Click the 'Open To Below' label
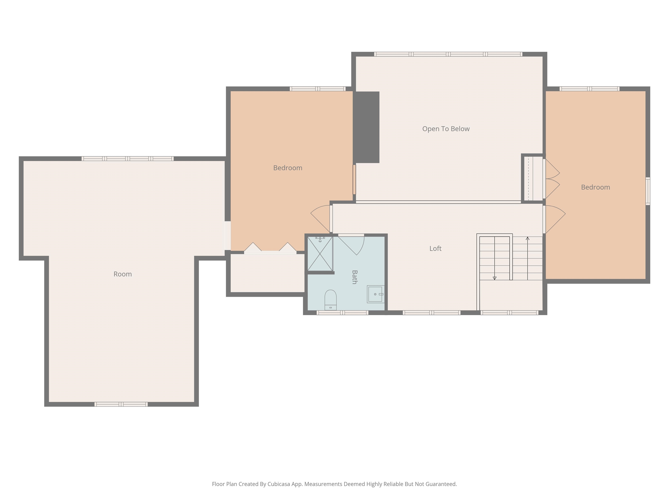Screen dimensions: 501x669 (446, 129)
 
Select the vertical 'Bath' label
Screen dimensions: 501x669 (355, 277)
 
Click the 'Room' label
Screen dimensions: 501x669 (122, 274)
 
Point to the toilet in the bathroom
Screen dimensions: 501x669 (330, 300)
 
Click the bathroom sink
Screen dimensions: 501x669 (375, 294)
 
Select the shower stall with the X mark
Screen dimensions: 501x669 (320, 254)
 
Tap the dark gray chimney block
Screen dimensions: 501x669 (366, 127)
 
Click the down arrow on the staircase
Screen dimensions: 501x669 (495, 278)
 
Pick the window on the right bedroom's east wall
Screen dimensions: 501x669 (647, 191)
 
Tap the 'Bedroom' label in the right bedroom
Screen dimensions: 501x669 (595, 187)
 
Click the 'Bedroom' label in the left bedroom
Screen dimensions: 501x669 (288, 168)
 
